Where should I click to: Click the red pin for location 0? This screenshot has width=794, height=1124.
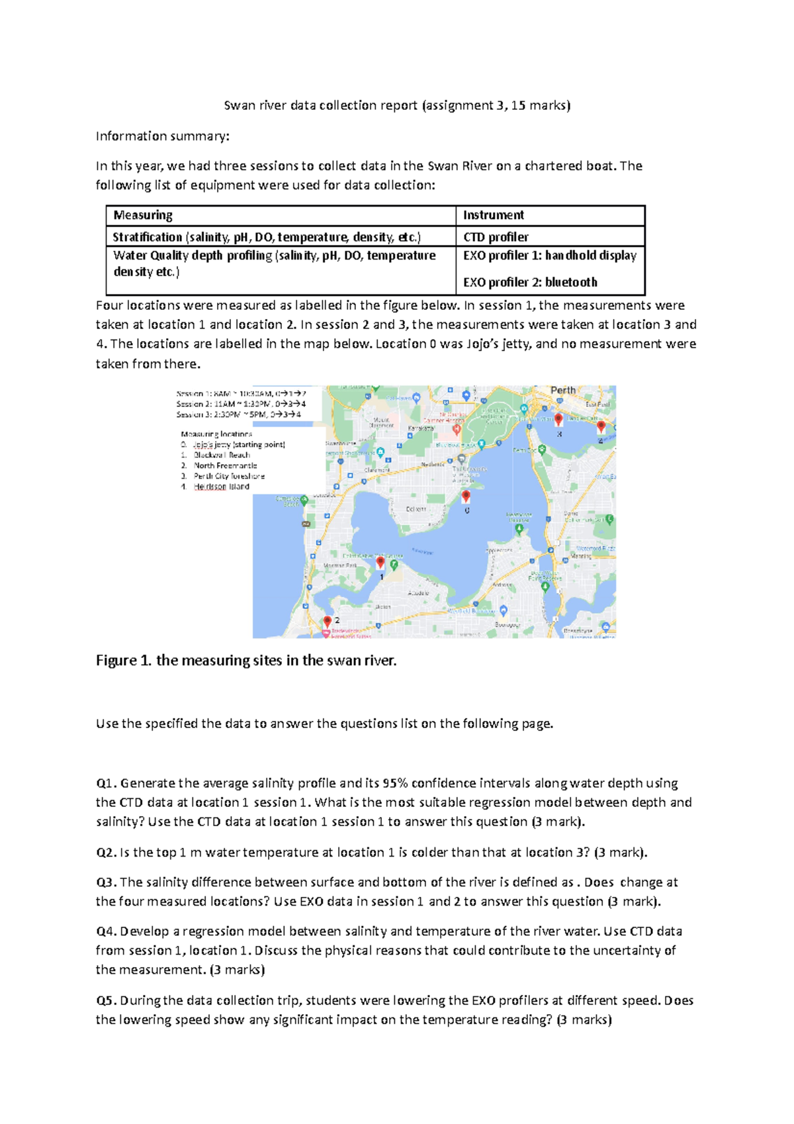(466, 496)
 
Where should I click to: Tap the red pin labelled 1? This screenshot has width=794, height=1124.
(380, 563)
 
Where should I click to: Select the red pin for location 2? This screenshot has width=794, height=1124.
(327, 622)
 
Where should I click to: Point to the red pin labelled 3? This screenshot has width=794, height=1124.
(558, 419)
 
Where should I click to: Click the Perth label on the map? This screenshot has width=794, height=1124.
(563, 391)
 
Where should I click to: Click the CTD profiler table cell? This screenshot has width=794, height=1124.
(496, 237)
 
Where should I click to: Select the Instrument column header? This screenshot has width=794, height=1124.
(493, 215)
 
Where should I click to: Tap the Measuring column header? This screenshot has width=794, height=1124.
(143, 215)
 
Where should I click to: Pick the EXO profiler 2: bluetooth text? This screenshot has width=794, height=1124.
(530, 282)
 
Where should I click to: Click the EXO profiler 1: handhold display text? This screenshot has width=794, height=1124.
(549, 256)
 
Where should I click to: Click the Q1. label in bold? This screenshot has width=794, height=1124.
(107, 783)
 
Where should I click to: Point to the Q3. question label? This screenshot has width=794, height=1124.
(107, 882)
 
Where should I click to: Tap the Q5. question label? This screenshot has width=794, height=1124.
(107, 1000)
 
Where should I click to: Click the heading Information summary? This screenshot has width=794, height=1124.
(163, 136)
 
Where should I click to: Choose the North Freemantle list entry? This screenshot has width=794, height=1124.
(225, 465)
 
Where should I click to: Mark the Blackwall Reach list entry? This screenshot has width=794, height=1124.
(222, 455)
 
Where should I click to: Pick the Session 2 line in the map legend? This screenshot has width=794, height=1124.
(241, 404)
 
